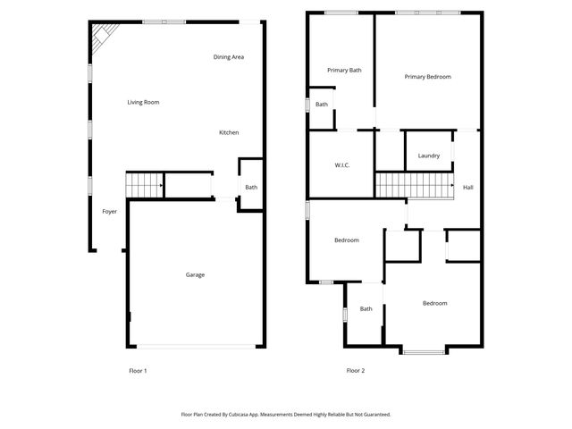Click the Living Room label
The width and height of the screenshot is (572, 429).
coord(143,103)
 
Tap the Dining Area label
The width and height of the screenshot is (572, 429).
coord(229,57)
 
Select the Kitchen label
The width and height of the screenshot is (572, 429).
coord(229,133)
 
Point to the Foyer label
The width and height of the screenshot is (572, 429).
coord(109,212)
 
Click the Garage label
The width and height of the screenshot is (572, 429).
coord(195,274)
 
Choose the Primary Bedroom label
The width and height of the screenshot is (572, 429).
coord(427,77)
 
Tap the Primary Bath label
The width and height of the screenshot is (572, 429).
coord(344,70)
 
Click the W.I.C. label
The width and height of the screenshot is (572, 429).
coord(341,165)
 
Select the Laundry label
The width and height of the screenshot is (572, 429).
coord(429,156)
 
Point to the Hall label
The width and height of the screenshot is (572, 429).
coord(467,187)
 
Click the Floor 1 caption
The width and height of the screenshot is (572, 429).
coord(139,370)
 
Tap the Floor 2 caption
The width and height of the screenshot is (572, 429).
coord(356,370)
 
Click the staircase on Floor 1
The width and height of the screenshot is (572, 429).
coord(143,185)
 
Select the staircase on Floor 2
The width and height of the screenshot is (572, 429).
coord(410,186)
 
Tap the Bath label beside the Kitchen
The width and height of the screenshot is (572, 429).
coord(251,187)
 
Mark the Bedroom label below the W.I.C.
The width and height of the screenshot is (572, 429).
coord(347,240)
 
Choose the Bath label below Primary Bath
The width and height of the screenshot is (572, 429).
coord(322,105)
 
